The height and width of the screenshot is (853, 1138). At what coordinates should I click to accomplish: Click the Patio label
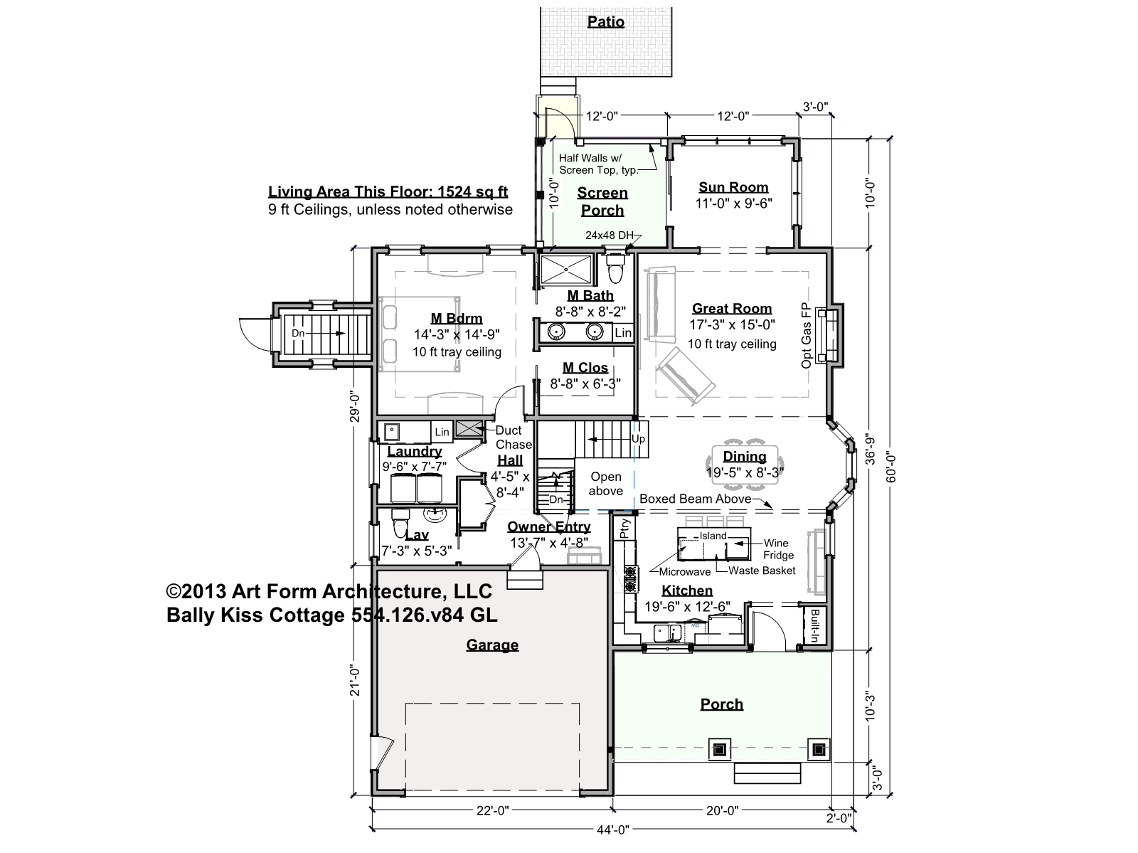[605, 22]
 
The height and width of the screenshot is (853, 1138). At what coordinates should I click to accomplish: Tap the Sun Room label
[733, 187]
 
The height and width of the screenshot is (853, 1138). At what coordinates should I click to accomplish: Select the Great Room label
[732, 309]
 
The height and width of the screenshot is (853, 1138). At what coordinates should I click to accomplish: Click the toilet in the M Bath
[615, 268]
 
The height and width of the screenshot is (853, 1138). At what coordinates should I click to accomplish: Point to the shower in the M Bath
[565, 270]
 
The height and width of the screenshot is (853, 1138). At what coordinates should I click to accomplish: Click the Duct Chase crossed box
[469, 429]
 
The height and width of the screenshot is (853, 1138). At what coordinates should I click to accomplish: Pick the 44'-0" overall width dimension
[613, 830]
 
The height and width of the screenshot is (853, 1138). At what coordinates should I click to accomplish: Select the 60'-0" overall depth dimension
[890, 466]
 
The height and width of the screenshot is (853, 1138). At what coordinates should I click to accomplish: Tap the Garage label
[492, 645]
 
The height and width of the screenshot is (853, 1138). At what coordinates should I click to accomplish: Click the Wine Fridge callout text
[777, 549]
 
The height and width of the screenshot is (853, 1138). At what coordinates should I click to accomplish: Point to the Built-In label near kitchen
[814, 625]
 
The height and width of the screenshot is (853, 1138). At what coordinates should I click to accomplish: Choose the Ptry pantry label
[624, 529]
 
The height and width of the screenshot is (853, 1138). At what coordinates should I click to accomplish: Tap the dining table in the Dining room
[745, 465]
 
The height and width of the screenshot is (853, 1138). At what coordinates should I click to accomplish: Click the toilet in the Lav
[400, 523]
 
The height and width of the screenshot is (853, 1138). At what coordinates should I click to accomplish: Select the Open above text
[605, 484]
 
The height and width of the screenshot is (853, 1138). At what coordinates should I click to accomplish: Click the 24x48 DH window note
[609, 235]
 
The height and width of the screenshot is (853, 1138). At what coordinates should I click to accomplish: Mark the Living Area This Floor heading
[388, 192]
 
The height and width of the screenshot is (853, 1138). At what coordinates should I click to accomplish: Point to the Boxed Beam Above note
[695, 499]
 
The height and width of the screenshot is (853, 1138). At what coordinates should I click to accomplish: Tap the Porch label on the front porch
[722, 704]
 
